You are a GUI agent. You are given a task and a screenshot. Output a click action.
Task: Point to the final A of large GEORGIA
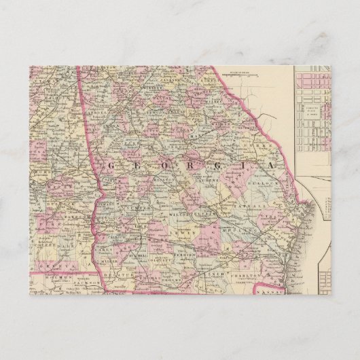272,165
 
